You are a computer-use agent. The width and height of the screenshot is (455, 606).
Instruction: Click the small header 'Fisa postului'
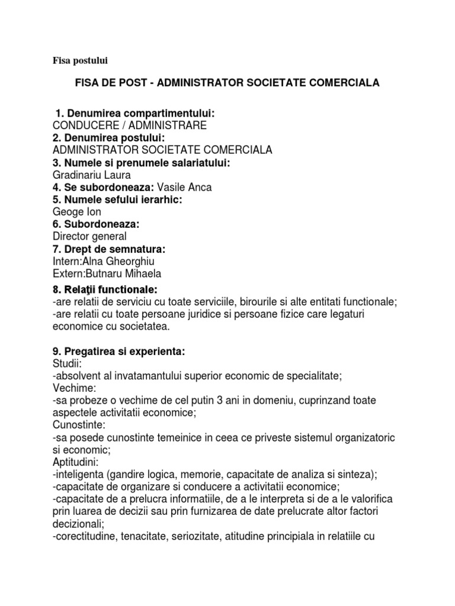[78, 60]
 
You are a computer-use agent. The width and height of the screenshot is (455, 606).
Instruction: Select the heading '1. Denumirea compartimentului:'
[126, 112]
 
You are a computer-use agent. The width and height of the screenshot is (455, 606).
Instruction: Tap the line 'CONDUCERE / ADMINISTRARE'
[129, 125]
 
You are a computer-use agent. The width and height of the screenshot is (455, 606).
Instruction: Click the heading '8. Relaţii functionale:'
[105, 289]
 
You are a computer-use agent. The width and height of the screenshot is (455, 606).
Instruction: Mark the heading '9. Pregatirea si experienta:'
[118, 352]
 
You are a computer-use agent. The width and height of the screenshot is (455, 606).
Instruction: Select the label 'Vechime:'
[73, 388]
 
